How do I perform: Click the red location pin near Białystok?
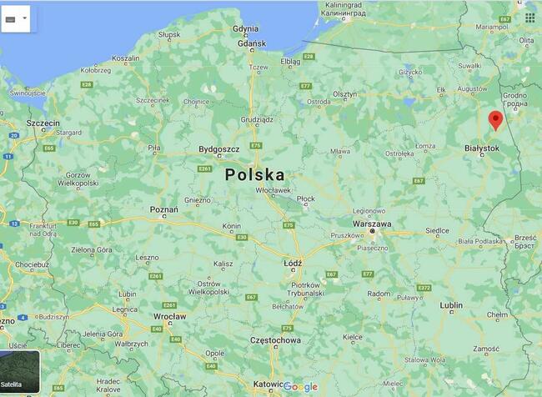coord(495,120)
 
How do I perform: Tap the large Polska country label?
coord(254,175)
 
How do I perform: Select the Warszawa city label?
coord(372,224)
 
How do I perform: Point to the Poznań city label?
coord(163,209)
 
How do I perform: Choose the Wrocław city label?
coord(169,317)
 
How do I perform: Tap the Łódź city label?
coord(293,263)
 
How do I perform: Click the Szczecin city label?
coord(43,123)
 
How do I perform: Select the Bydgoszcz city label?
coord(219,149)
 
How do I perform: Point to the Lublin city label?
coord(451,305)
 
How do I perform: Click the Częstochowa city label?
coord(276,340)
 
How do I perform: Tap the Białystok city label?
coord(481,148)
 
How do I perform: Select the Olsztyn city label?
coord(345,95)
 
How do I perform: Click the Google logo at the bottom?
coord(300,386)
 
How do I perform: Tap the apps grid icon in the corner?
coord(529,17)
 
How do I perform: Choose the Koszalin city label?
coord(126,58)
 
